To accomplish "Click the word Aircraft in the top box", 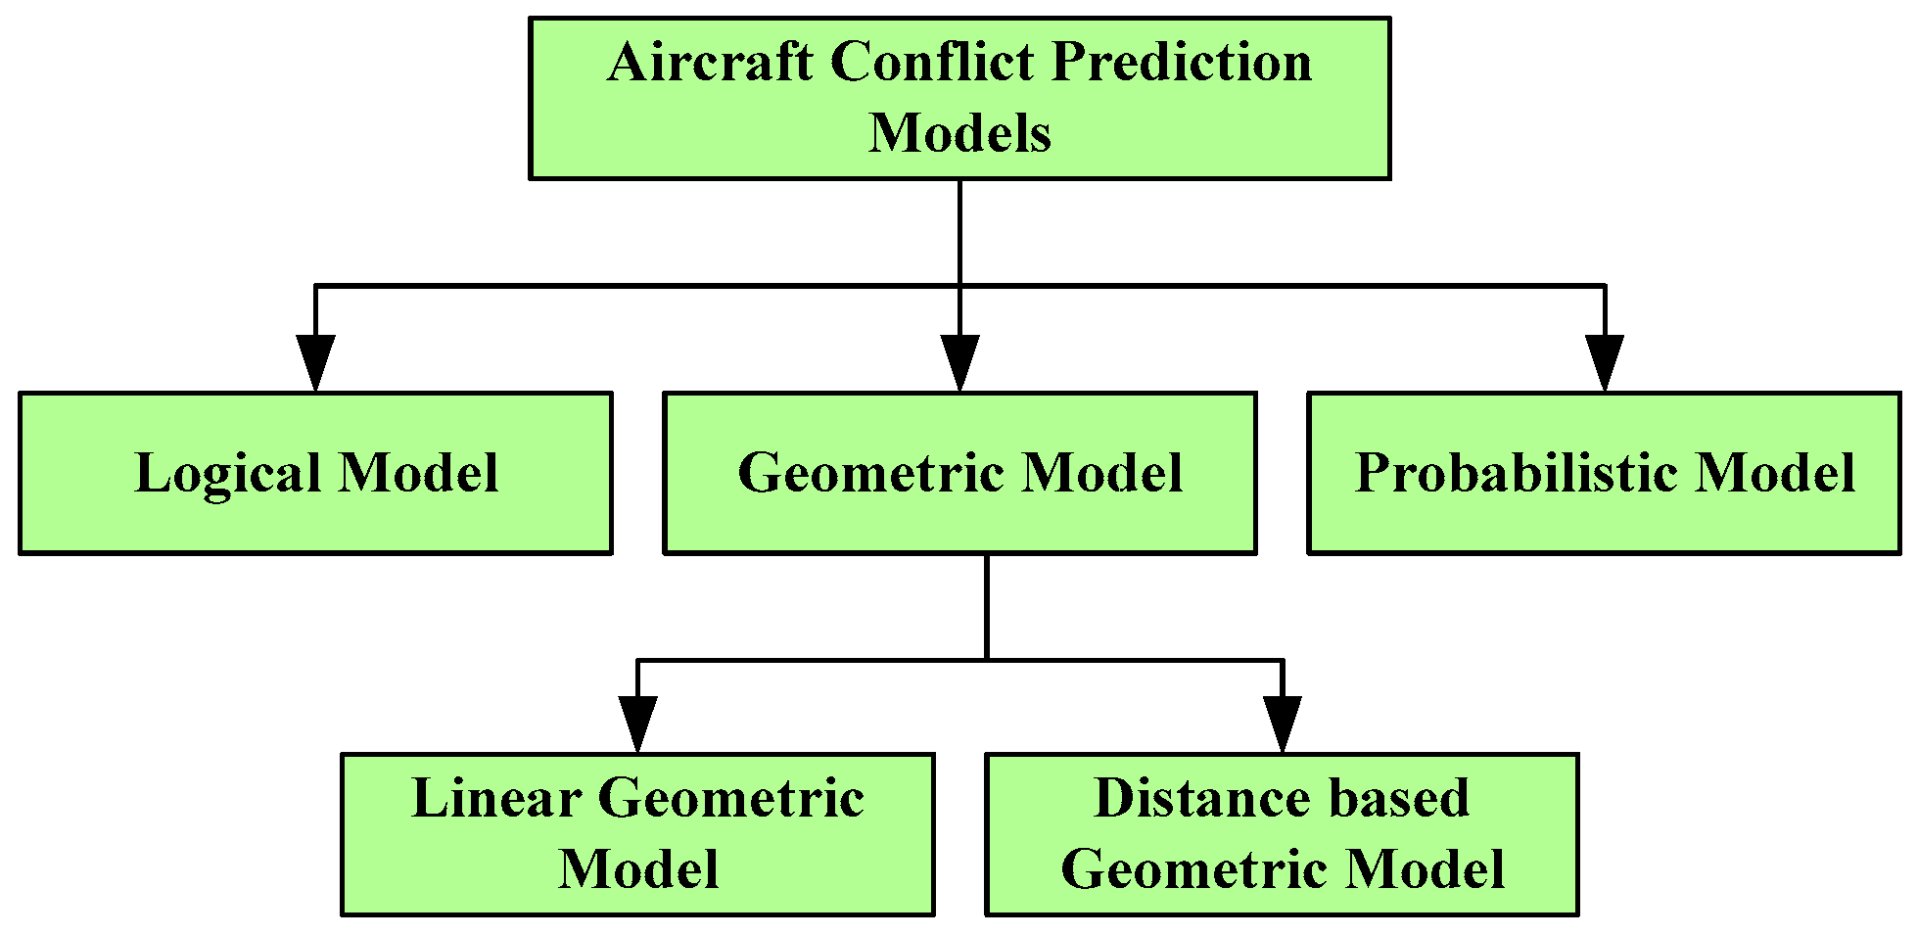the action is [x=711, y=63].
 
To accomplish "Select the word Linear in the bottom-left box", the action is [x=496, y=799].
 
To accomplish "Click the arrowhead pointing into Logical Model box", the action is [x=315, y=363].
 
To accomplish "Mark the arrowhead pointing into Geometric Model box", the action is [x=959, y=363].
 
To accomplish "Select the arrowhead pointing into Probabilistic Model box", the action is [x=1604, y=363].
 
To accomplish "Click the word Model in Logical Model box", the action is [x=419, y=473].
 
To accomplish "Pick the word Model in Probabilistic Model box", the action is [x=1775, y=473].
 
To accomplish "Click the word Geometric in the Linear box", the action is [x=731, y=799].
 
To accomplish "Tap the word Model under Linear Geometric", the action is [x=638, y=869].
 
